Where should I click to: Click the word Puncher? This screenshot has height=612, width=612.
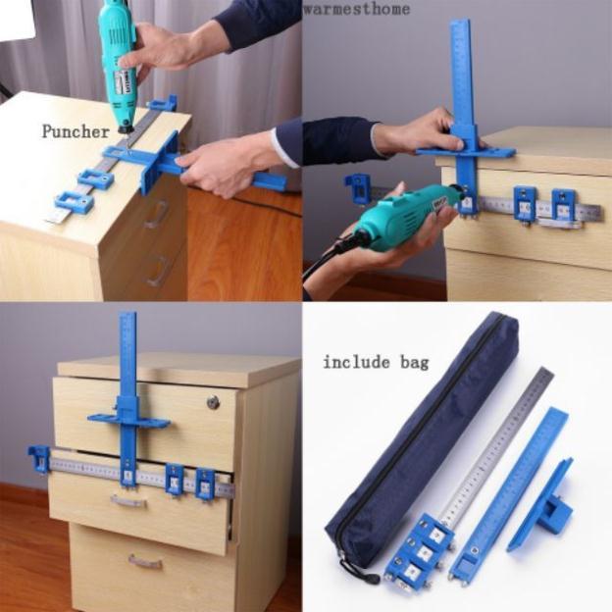click(76, 132)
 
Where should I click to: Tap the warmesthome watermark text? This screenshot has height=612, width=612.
click(357, 8)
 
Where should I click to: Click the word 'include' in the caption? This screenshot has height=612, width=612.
click(356, 362)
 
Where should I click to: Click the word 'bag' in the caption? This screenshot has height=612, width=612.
click(414, 363)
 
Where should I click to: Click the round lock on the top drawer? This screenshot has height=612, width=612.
click(213, 402)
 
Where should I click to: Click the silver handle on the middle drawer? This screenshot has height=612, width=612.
click(128, 501)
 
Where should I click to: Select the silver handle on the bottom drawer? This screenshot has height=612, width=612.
click(145, 562)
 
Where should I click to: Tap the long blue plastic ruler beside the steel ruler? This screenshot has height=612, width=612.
click(507, 495)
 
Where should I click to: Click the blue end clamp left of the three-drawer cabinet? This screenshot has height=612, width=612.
click(38, 460)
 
